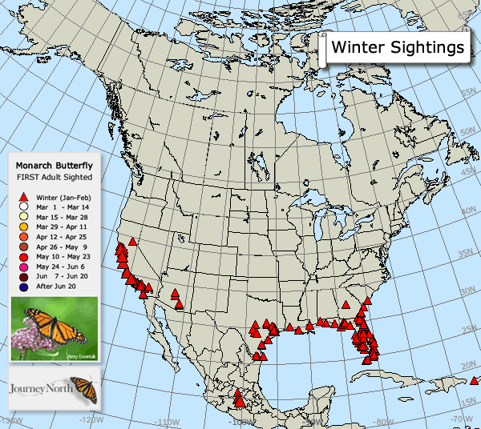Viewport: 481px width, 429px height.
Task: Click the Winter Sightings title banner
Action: [398, 47]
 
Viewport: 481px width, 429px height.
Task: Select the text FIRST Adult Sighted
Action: [54, 177]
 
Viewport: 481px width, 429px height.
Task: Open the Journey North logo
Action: [54, 390]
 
